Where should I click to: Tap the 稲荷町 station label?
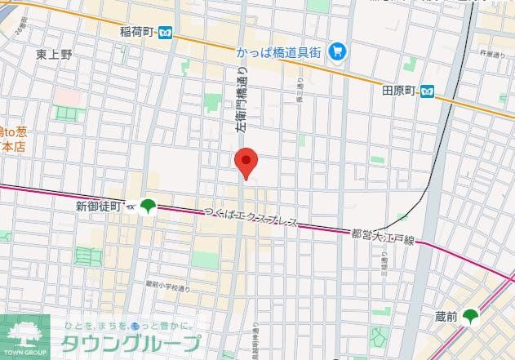pyautogui.click(x=137, y=32)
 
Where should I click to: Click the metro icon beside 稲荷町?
pyautogui.click(x=166, y=32)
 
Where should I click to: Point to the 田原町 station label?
pyautogui.click(x=399, y=90)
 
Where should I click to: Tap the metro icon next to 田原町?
pyautogui.click(x=428, y=90)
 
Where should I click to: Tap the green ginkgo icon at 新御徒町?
pyautogui.click(x=148, y=207)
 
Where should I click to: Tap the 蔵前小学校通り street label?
pyautogui.click(x=168, y=286)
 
